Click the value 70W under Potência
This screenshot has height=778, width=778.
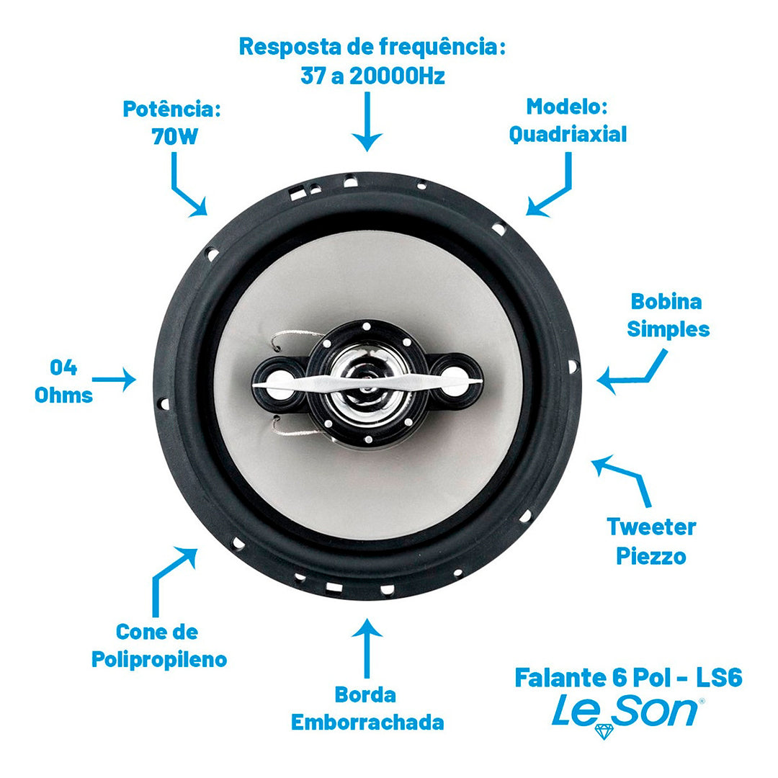[x=174, y=136]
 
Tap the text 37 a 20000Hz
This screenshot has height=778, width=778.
[x=372, y=76]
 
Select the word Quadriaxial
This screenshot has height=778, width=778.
[x=568, y=135]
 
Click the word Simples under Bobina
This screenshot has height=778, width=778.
[x=669, y=329]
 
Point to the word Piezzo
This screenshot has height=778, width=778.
[x=651, y=556]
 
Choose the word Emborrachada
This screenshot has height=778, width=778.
[x=367, y=723]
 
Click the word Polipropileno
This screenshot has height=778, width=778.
[x=159, y=660]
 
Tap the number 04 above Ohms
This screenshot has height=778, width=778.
[x=63, y=367]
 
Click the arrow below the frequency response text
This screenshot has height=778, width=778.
[x=367, y=122]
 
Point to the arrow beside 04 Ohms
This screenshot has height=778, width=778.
[x=114, y=380]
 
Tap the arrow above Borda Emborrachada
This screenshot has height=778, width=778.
[x=367, y=648]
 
